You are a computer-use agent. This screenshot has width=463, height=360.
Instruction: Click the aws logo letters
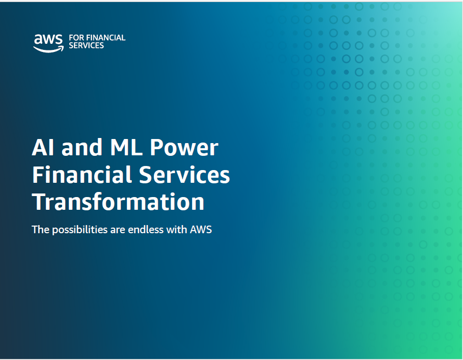point(48,39)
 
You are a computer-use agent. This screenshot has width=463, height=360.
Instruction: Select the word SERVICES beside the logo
point(86,45)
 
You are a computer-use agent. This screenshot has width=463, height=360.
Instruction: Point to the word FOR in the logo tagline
point(76,38)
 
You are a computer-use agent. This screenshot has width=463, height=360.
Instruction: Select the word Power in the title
point(184,147)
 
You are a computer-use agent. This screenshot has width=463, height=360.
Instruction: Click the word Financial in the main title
point(82,174)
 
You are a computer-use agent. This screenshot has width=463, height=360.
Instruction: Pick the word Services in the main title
point(184,174)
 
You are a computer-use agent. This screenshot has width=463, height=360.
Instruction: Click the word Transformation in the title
point(118,202)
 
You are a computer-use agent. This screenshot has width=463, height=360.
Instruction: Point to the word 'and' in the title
point(82,147)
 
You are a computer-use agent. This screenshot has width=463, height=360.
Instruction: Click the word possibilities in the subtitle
point(80,230)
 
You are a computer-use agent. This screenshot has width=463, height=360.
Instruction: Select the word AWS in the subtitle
point(201,230)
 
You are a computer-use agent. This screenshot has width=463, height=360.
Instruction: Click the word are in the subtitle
point(118,231)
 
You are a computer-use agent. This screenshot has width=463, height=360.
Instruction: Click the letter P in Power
point(156,147)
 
